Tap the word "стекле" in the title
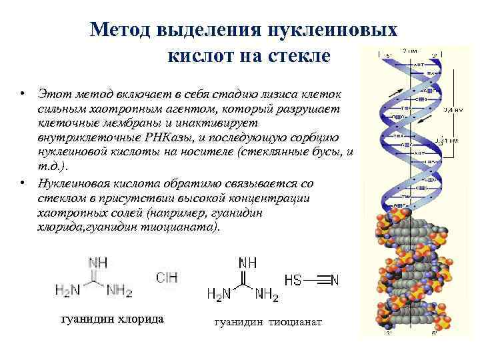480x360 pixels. [x=297, y=55]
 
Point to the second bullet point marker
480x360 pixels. [x=22, y=182]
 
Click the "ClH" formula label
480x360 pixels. [x=167, y=277]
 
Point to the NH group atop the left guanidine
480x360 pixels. [x=98, y=262]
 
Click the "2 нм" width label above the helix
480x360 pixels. [x=411, y=49]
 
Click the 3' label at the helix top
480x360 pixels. [x=434, y=55]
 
